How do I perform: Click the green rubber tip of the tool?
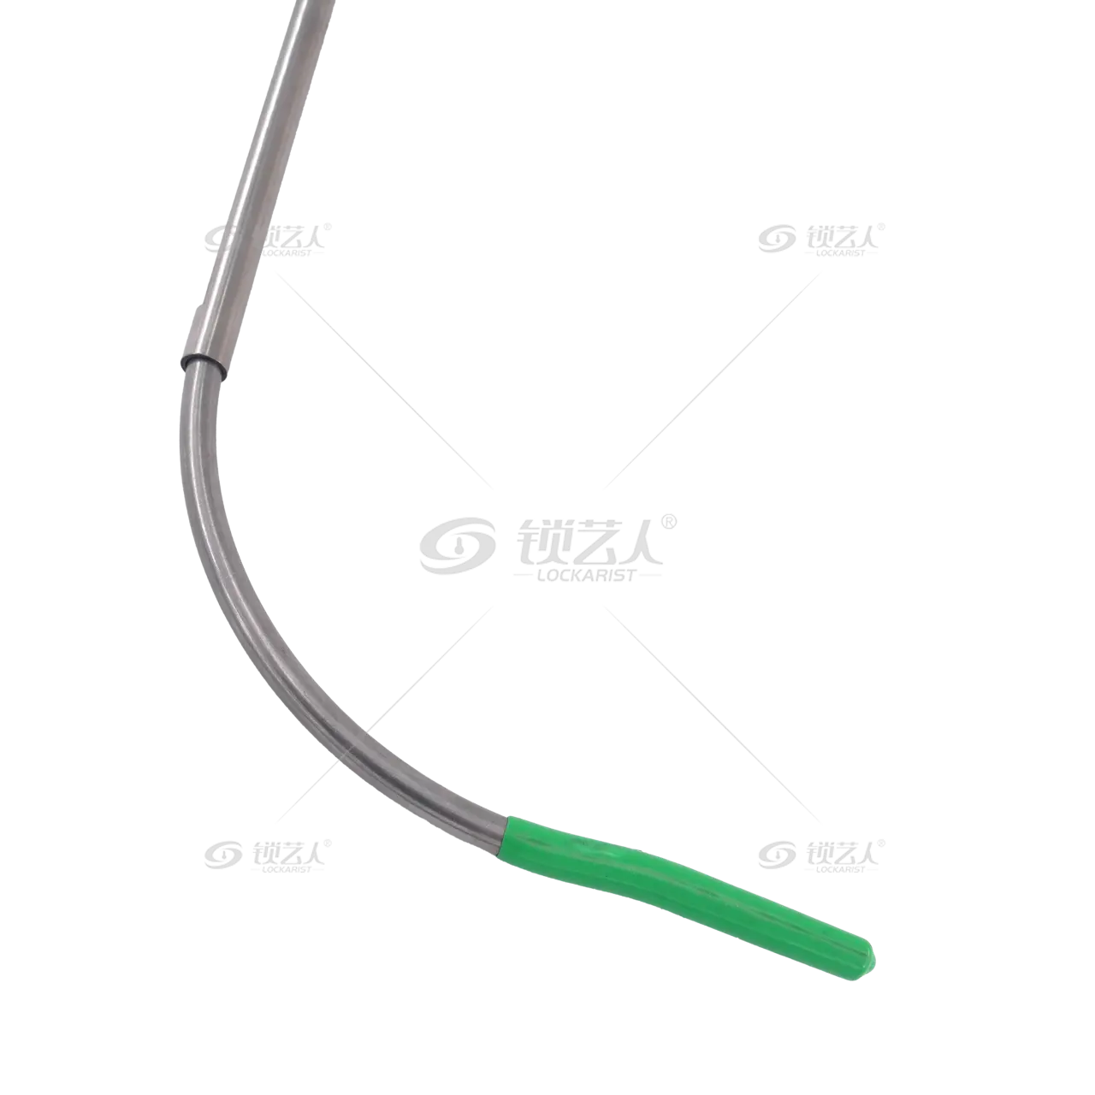(682, 893)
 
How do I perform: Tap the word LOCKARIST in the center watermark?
(587, 575)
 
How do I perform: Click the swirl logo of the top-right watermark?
(776, 239)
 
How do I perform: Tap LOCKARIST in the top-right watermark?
(840, 253)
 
